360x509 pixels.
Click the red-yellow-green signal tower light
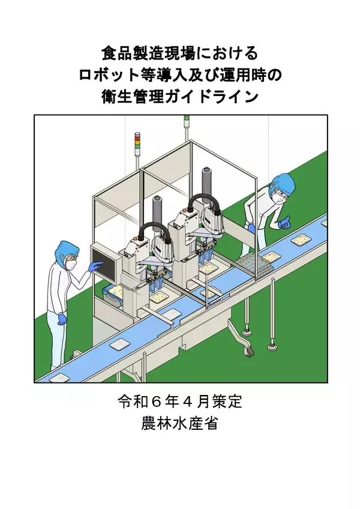click(x=137, y=140)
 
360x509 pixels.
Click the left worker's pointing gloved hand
click(x=96, y=266)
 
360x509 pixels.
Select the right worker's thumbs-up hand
click(x=284, y=223)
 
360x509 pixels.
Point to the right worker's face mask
click(x=277, y=197)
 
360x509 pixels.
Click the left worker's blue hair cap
click(x=67, y=250)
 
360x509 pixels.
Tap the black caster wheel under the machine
click(x=249, y=352)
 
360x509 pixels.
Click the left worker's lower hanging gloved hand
click(x=62, y=319)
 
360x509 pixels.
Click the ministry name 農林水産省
click(x=179, y=424)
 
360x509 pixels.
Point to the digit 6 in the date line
click(x=156, y=402)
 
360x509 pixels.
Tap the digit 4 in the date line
click(x=187, y=402)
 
